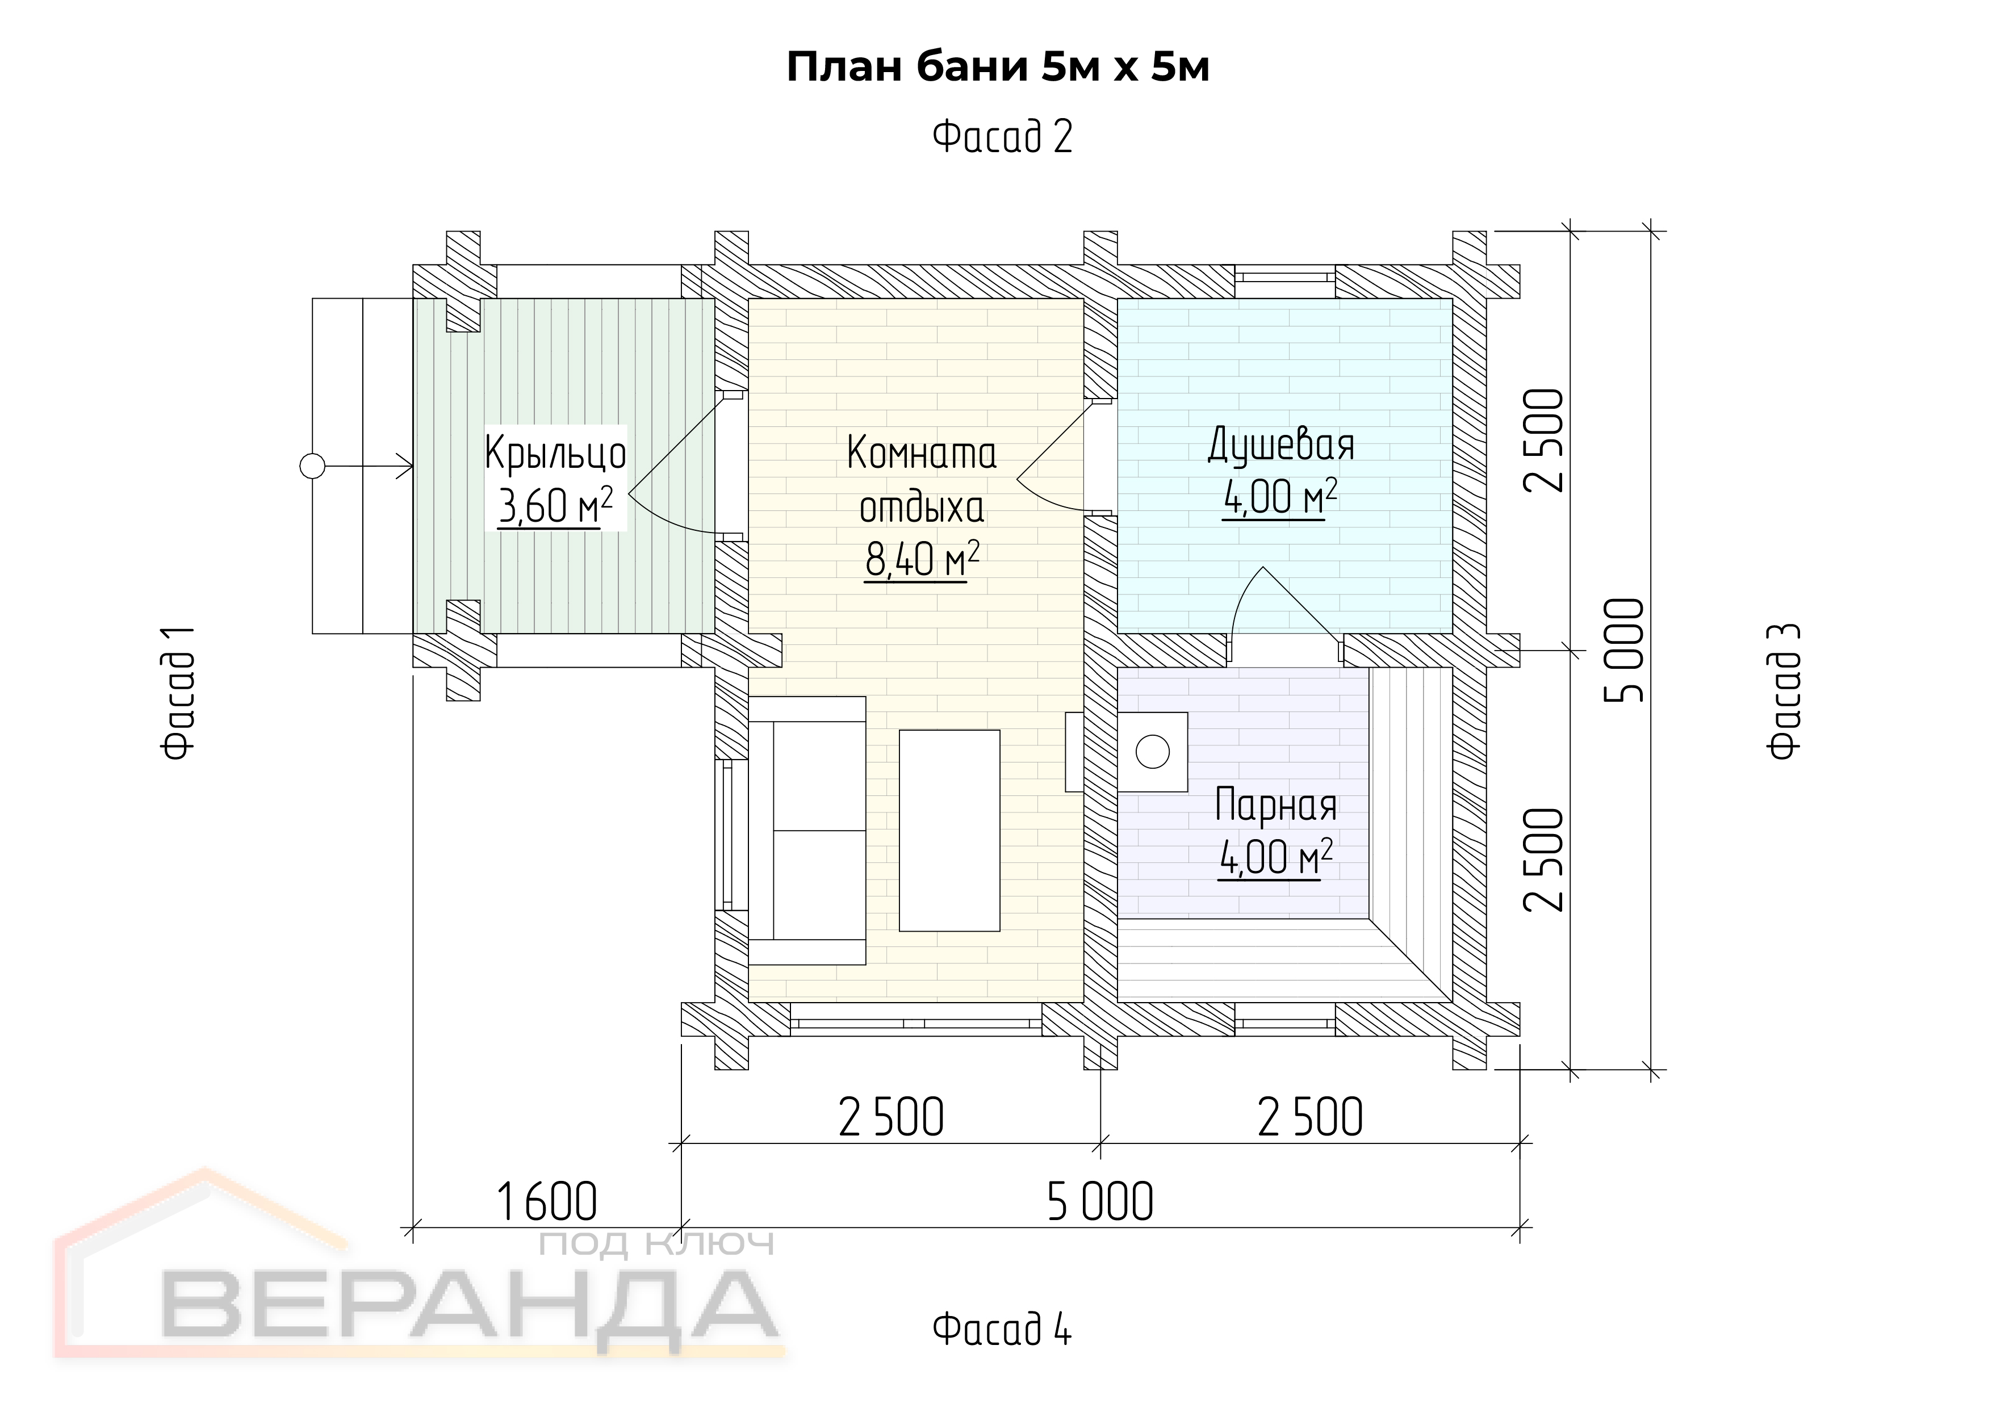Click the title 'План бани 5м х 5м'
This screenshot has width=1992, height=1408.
coord(998,67)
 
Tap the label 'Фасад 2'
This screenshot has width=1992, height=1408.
coord(1002,136)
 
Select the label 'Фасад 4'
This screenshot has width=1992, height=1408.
coord(1002,1328)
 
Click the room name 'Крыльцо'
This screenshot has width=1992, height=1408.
coord(555,453)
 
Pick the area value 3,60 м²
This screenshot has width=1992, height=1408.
coord(555,506)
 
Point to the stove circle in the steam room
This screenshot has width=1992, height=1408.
coord(1152,751)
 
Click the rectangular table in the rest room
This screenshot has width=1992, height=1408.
coord(949,830)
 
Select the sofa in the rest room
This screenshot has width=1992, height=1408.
coord(807,830)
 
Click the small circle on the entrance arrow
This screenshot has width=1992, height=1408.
coord(312,467)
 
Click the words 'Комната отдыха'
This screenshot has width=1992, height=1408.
coord(922,480)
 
